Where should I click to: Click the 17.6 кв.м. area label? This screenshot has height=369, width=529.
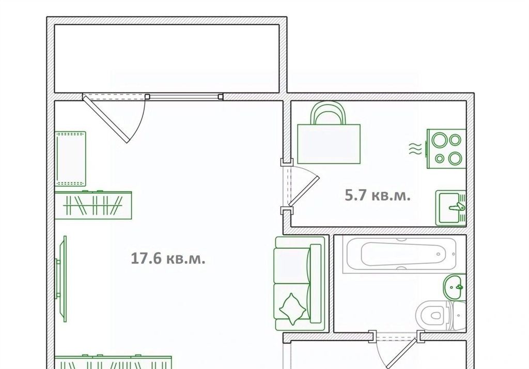(168, 259)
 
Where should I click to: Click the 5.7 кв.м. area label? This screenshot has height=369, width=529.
(378, 195)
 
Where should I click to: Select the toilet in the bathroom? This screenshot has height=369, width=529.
(441, 315)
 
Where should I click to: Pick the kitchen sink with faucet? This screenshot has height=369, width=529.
(450, 208)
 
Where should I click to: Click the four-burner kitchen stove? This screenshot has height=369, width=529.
(446, 148)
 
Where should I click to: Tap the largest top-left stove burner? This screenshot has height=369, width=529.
(440, 140)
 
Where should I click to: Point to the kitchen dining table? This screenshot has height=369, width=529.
(329, 144)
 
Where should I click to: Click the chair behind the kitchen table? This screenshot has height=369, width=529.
(328, 113)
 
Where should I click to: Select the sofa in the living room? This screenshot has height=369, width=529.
(300, 283)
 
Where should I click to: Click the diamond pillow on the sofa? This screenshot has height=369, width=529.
(292, 309)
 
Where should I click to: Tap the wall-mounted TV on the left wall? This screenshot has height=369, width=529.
(62, 279)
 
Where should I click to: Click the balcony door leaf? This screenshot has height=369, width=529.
(105, 118)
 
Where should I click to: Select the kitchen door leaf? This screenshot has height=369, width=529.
(304, 191)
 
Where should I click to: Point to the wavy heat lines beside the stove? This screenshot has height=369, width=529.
(415, 148)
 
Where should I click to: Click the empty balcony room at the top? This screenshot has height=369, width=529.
(167, 58)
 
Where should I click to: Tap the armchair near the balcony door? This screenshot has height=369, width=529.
(70, 159)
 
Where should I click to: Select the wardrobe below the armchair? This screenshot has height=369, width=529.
(93, 205)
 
